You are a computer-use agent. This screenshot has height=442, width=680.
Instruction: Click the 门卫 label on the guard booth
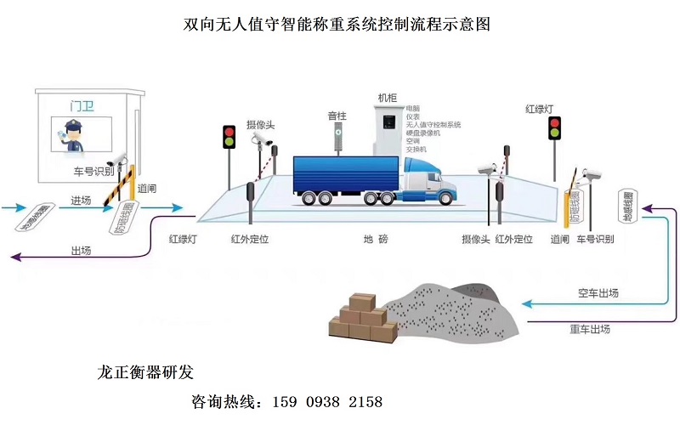point(82,106)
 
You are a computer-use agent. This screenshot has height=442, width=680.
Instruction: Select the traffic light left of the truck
point(229,137)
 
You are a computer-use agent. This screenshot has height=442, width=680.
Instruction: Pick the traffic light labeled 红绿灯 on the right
point(554,127)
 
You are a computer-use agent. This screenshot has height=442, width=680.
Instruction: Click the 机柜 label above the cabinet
point(387,99)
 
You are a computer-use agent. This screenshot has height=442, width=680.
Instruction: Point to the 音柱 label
point(337,116)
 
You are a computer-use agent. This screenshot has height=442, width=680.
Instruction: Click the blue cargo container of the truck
point(344,173)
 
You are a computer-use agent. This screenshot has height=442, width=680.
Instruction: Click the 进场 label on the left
point(81,201)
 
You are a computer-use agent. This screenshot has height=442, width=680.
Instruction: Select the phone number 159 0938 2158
point(326,401)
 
